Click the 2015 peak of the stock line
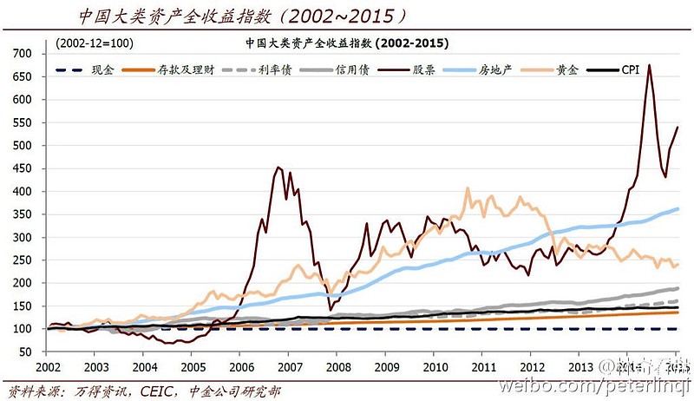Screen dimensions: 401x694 650,65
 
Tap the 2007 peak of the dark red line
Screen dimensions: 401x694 278,168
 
